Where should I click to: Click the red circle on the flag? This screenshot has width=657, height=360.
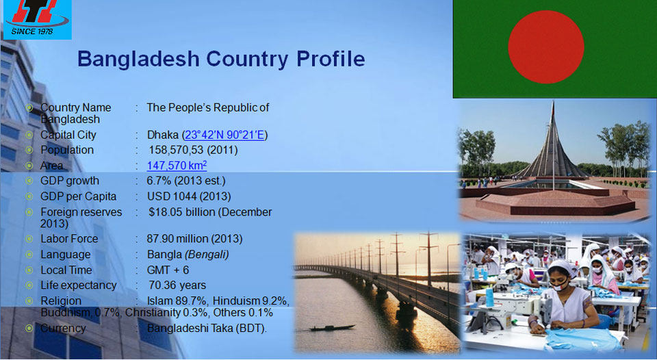[x=546, y=47]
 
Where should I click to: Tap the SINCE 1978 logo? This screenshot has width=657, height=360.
[x=37, y=20]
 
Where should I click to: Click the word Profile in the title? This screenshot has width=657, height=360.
[x=331, y=59]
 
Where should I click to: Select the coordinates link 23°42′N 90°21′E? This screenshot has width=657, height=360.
[x=224, y=135]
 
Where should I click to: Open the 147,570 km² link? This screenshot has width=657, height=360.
[x=177, y=165]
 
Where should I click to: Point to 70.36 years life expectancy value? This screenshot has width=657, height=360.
[x=177, y=285]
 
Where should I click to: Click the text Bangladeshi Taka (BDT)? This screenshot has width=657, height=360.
[x=207, y=328]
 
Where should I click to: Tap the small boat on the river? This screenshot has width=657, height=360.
[x=333, y=328]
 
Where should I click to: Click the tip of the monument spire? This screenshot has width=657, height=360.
[x=553, y=101]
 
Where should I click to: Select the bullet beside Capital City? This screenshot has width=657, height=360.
[x=29, y=135]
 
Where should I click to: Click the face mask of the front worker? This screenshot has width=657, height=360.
[x=558, y=287]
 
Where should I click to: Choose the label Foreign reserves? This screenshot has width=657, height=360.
[x=81, y=212]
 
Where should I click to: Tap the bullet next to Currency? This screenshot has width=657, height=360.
[x=29, y=328]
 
